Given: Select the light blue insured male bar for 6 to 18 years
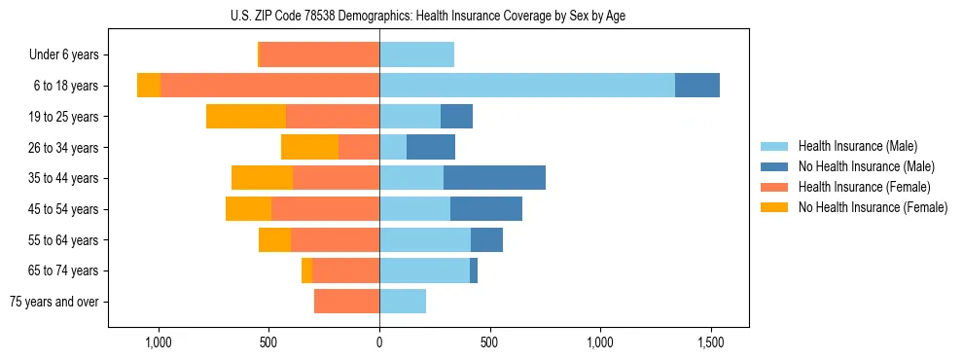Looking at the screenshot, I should tap(526, 86).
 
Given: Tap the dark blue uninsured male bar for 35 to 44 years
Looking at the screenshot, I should tap(494, 178).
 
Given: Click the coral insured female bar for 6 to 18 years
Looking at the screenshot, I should tap(269, 86).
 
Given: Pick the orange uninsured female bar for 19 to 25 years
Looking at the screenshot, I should tap(246, 117).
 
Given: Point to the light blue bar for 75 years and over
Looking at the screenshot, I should tap(403, 302).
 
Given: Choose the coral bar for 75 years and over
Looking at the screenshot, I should tap(346, 302).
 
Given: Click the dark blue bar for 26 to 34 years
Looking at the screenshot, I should tap(431, 148).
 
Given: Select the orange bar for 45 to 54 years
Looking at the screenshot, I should tap(248, 209).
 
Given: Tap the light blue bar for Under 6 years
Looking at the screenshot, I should tap(416, 55).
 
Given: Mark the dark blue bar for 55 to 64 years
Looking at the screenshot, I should tap(486, 240).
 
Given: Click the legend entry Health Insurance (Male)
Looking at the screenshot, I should tap(857, 146).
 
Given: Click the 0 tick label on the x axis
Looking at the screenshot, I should tap(379, 342).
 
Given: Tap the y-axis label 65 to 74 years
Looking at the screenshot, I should tap(65, 271).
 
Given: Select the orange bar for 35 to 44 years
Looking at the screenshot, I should tap(262, 178).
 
